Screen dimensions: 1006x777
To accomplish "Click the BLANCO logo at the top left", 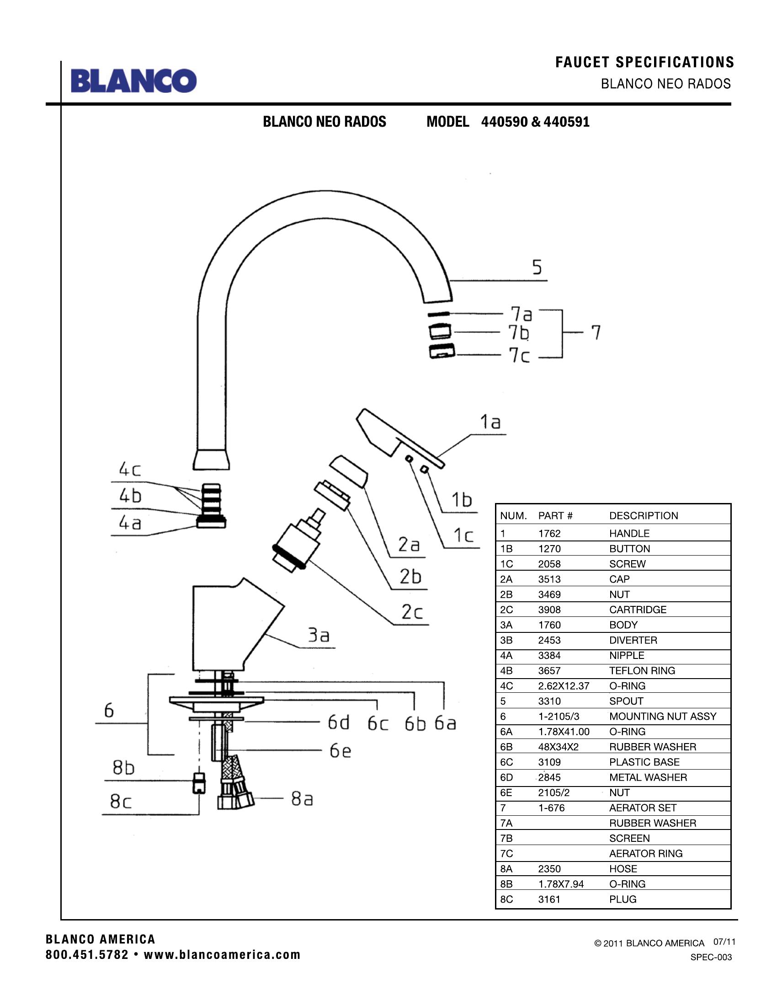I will coord(133,81).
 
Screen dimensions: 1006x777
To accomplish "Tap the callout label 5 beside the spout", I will coord(537,268).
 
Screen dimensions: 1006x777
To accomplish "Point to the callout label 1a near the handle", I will coord(490,422).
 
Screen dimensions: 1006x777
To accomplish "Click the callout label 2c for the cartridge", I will coord(411,612).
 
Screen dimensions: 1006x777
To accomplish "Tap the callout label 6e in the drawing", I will coord(340,751).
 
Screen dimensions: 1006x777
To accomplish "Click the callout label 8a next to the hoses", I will coord(302,799).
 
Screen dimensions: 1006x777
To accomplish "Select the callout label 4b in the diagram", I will coord(130,496).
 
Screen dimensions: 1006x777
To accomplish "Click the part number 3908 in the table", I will coord(549,610).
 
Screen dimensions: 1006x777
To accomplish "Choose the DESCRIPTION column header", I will coord(644,516).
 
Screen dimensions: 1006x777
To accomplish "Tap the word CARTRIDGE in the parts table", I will coord(638,610).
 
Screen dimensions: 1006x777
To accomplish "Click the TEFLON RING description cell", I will coord(642,671).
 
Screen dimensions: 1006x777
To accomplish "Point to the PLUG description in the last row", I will coord(623,899).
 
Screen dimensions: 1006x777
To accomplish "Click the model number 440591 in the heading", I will coord(566,122).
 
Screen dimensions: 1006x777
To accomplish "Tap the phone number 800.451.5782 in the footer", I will coord(87,955).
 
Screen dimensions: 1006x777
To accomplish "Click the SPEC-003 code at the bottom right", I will coord(711,957).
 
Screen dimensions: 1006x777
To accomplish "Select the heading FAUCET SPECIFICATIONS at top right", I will coord(644,62).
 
